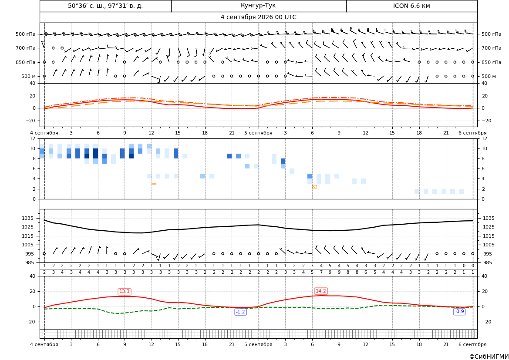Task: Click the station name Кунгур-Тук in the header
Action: [x=258, y=6]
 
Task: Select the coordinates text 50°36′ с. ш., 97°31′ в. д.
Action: [x=105, y=6]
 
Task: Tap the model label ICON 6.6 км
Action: [x=411, y=6]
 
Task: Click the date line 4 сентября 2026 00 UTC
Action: [x=258, y=17]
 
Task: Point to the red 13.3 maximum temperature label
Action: [x=125, y=292]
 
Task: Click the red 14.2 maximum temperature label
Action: [x=321, y=291]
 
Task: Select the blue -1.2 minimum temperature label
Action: [x=240, y=312]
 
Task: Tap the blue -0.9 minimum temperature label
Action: [x=459, y=312]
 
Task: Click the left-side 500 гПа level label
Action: [x=26, y=34]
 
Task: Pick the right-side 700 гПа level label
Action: [x=492, y=48]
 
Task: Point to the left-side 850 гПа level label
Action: [x=26, y=62]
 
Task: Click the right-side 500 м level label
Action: [x=489, y=76]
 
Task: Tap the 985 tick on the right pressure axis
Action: [x=488, y=262]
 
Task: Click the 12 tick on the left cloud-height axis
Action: [x=33, y=138]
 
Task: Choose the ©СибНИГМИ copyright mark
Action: [x=489, y=357]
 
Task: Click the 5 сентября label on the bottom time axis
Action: [x=258, y=344]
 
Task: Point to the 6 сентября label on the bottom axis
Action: [x=472, y=344]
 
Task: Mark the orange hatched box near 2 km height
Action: [x=314, y=187]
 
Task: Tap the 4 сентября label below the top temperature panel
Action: [x=44, y=133]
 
